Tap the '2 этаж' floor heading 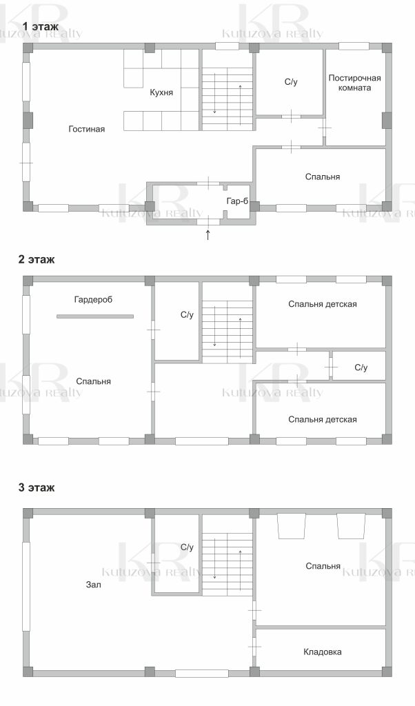37,259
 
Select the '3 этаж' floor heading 37,487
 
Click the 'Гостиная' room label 86,129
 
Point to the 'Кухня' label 161,93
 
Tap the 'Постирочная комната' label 355,83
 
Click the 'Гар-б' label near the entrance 237,201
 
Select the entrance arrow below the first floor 207,234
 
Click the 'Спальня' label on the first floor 322,177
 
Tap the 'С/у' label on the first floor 291,82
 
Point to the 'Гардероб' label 93,300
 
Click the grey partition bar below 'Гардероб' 95,316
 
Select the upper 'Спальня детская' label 322,304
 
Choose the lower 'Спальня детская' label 322,420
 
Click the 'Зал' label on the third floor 94,585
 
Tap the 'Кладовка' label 322,652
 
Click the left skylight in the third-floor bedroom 292,526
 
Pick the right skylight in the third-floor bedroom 351,526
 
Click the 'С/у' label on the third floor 187,547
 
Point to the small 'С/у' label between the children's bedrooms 361,368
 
